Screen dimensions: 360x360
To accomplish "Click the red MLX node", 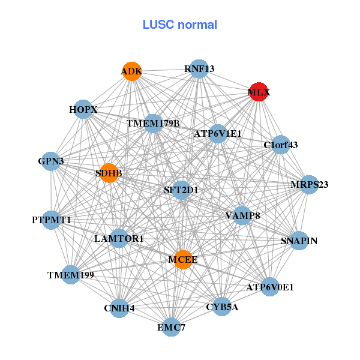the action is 259,92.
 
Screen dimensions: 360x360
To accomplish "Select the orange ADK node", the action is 131,71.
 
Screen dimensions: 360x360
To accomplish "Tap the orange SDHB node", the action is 109,173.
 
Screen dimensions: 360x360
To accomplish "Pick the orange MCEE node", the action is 183,260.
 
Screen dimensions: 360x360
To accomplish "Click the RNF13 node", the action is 199,69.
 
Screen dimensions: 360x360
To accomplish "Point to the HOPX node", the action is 83,109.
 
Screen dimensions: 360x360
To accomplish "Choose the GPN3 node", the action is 51,161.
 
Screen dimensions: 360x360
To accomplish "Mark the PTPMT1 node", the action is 52,220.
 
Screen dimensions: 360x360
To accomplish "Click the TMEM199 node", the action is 71,275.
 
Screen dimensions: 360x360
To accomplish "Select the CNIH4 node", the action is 119,308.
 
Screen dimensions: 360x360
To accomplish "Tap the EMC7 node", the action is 172,327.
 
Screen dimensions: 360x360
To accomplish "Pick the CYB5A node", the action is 222,307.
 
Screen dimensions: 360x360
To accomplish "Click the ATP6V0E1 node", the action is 270,287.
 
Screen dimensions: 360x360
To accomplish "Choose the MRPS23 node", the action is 309,184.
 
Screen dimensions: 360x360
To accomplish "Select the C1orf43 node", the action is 281,145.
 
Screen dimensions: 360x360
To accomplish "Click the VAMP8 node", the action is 242,215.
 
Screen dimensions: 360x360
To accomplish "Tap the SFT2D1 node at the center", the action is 181,190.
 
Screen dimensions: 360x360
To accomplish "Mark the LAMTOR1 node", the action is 119,239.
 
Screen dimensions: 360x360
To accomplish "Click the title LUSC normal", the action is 180,25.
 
